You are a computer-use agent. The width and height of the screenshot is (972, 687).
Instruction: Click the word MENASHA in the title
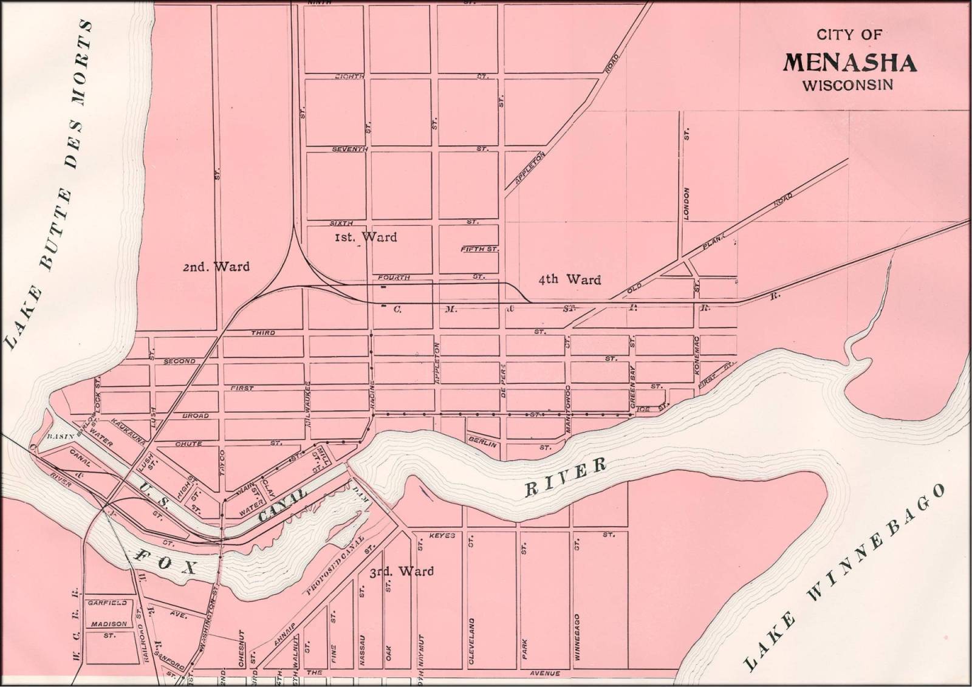point(850,63)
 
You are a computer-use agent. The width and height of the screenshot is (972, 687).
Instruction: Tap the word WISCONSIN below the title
point(848,85)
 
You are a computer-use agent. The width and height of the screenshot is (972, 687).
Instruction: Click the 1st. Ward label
point(366,237)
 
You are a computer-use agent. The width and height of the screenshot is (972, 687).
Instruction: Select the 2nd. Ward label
point(216,267)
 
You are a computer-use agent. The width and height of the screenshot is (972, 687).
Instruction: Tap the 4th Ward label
point(570,279)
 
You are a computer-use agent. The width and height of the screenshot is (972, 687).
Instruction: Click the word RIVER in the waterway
point(566,477)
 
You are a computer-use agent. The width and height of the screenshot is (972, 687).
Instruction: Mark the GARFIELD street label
point(107,603)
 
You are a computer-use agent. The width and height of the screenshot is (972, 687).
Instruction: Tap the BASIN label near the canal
point(60,436)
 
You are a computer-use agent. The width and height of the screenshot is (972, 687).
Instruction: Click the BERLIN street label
point(482,445)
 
